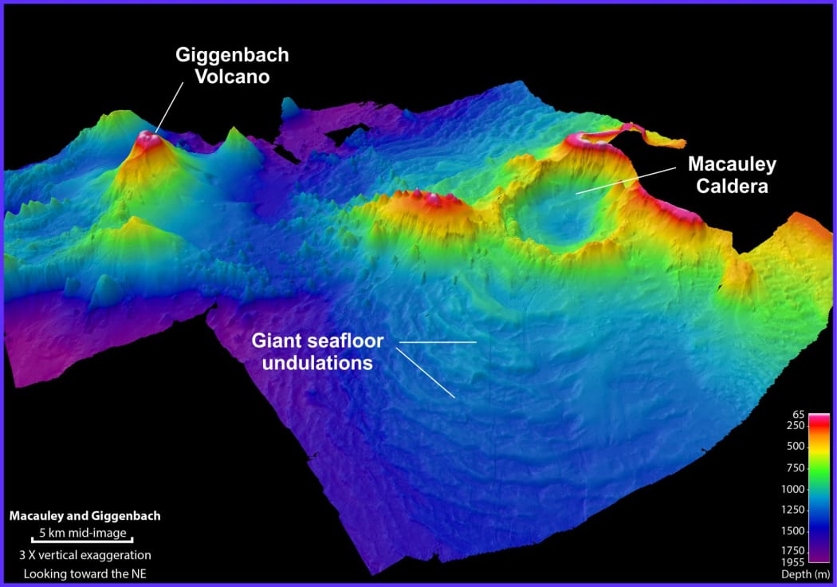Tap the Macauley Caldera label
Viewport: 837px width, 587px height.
coord(732,174)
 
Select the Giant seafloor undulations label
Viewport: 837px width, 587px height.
coord(318,352)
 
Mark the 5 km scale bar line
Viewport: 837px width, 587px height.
coord(82,539)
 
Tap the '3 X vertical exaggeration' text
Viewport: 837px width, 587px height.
coord(85,555)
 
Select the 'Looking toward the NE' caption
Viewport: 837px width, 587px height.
coord(85,573)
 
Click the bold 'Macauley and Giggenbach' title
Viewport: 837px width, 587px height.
coord(85,516)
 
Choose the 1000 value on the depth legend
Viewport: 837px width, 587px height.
coord(796,489)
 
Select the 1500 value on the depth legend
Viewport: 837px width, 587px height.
coord(796,530)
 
